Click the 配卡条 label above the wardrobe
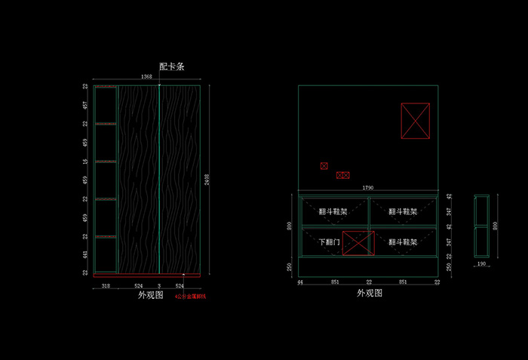(x=172, y=66)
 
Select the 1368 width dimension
(x=147, y=77)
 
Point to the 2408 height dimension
(x=208, y=179)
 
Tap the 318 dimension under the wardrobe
(x=106, y=286)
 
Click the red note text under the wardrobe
(x=190, y=297)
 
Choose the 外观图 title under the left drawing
(x=150, y=296)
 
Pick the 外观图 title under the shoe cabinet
(x=370, y=292)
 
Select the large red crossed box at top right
(x=416, y=121)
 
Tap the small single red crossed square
(x=324, y=166)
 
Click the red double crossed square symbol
(x=342, y=175)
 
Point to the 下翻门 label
(x=329, y=242)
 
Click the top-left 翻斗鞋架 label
(x=333, y=212)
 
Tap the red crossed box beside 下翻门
(x=359, y=243)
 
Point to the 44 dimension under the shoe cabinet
(x=299, y=282)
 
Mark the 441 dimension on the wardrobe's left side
(x=85, y=255)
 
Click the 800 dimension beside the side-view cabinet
(x=496, y=225)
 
